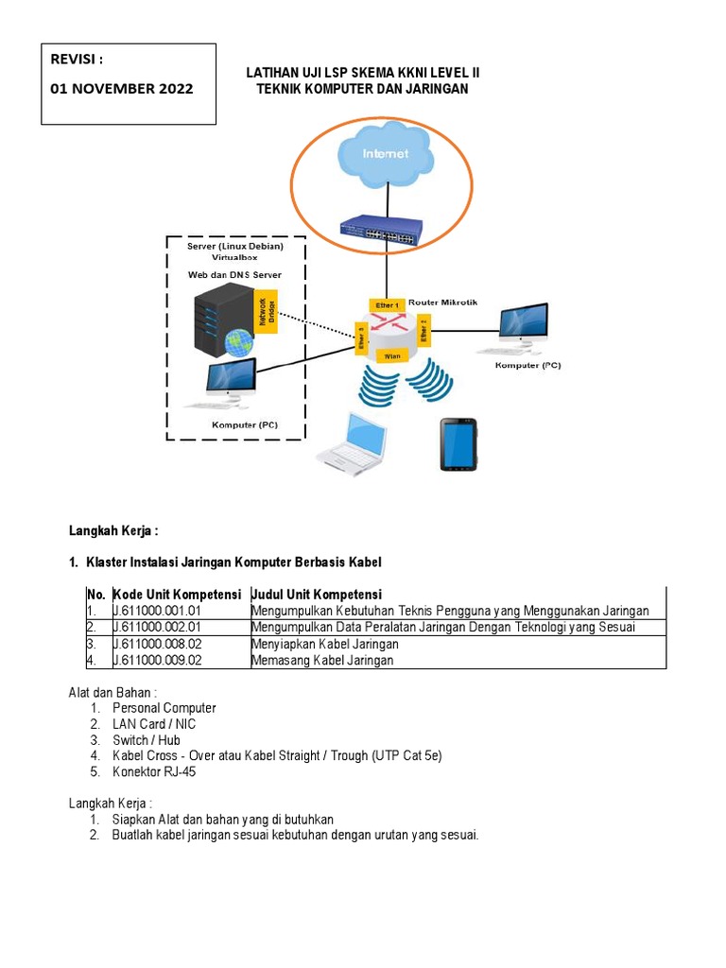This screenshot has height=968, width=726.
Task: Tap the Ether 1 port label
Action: [388, 304]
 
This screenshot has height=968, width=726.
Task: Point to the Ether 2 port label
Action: [424, 333]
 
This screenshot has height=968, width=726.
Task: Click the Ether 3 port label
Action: [360, 339]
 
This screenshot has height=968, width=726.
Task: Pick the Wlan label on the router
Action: [393, 355]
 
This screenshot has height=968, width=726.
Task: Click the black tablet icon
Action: [458, 443]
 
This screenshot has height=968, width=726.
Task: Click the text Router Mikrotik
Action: [444, 302]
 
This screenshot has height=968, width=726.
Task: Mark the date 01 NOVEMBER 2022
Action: [122, 89]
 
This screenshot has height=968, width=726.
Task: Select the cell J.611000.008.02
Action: [157, 644]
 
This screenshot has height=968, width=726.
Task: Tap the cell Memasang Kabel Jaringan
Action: [323, 660]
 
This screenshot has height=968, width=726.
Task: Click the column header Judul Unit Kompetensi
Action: [317, 595]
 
